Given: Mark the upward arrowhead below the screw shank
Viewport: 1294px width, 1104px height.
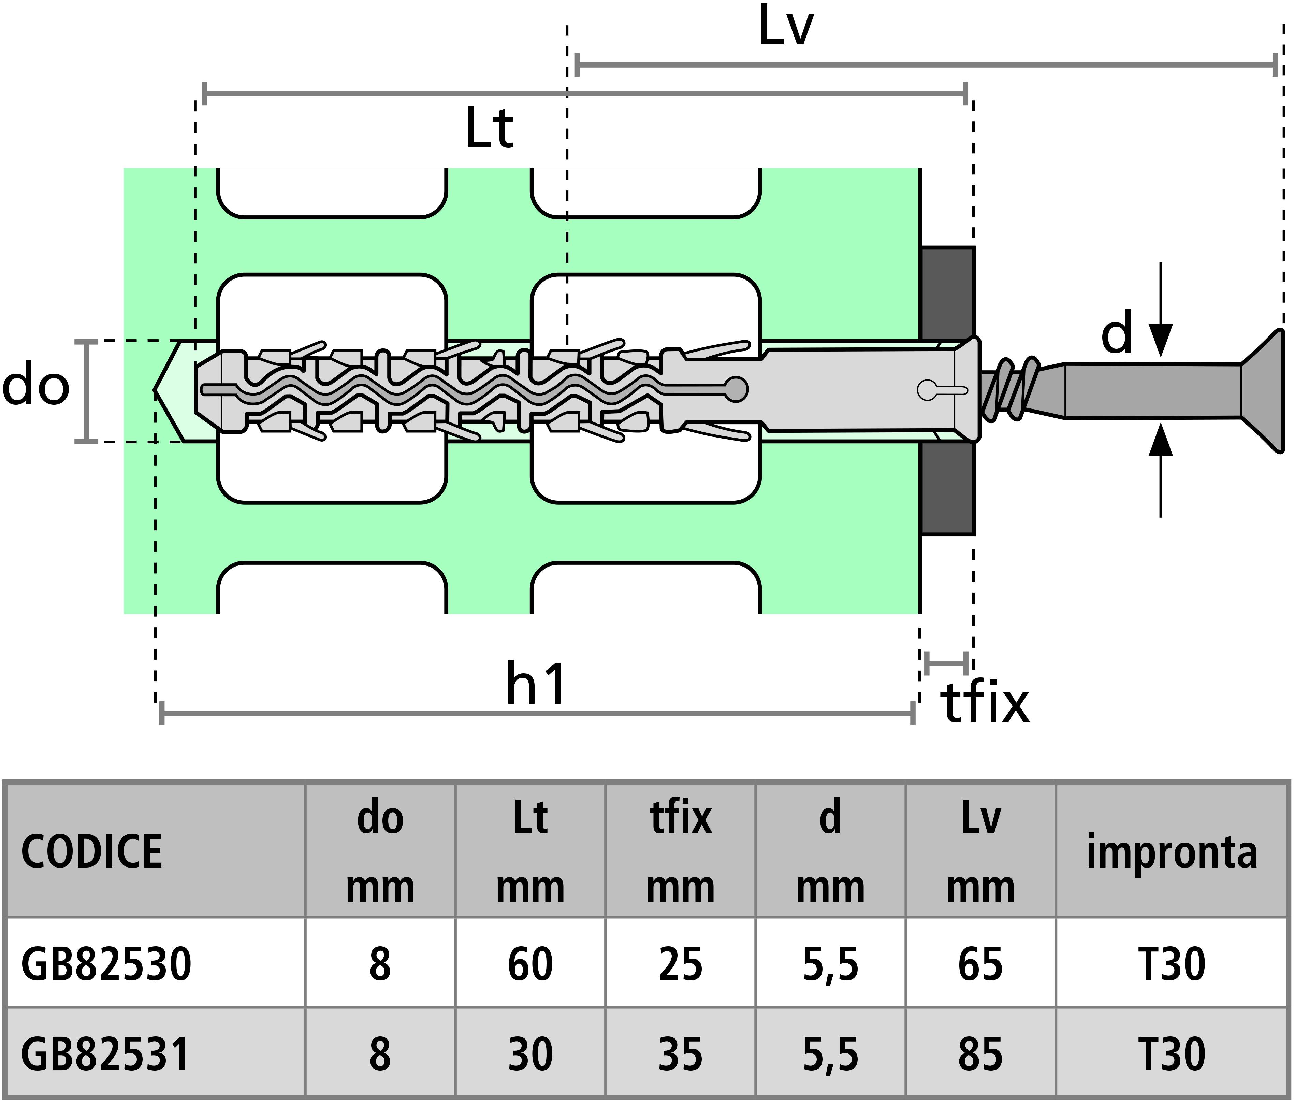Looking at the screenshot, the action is [1160, 439].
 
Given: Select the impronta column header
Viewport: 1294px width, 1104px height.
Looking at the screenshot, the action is [1172, 853].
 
